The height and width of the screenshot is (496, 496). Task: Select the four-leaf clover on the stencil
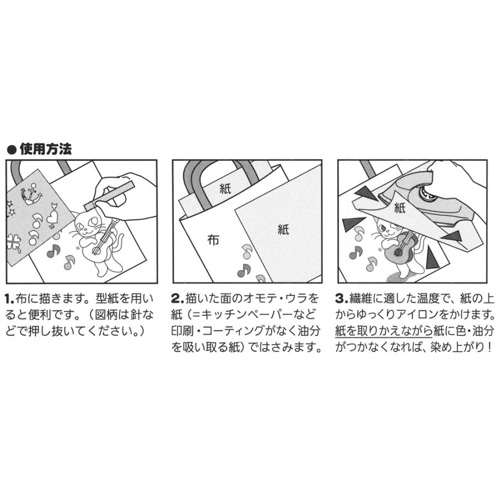(14, 241)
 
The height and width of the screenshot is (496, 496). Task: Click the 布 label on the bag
(212, 240)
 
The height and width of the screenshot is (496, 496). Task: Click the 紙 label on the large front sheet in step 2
(283, 230)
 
